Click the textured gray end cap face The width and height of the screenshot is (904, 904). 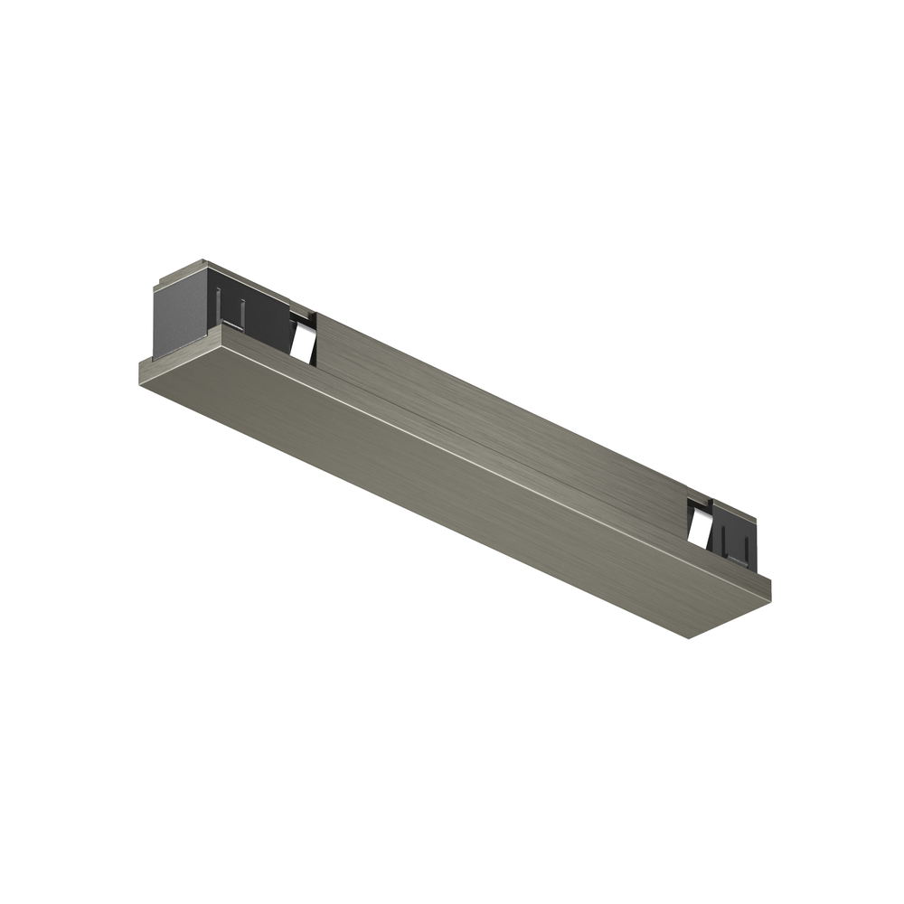(x=179, y=315)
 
